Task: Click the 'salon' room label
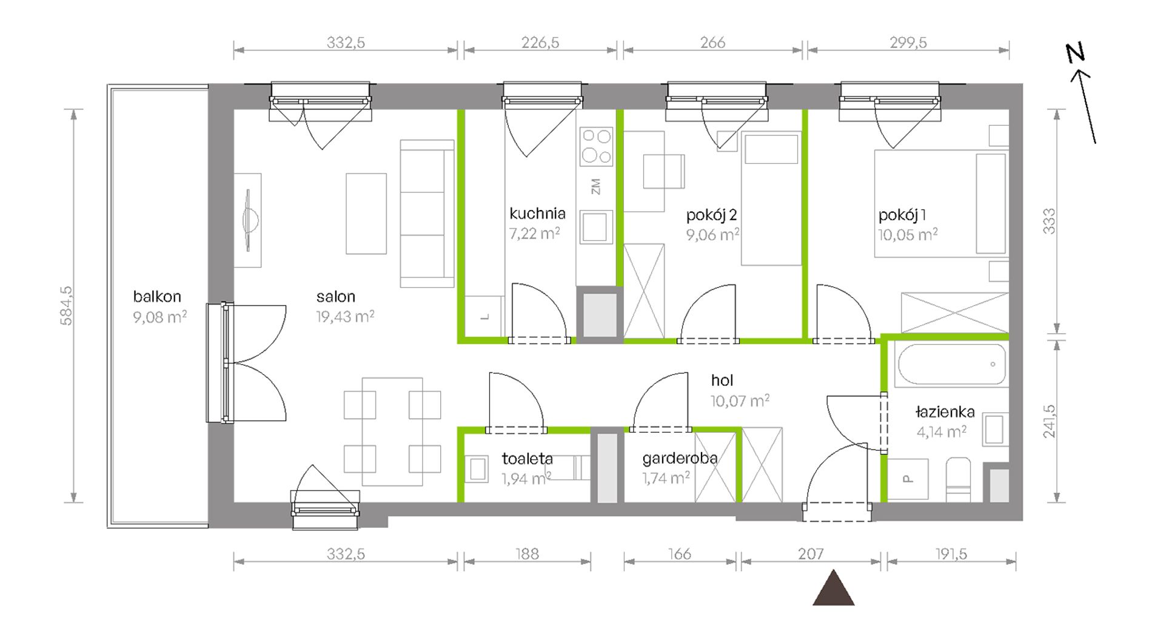(335, 297)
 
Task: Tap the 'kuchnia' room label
(537, 214)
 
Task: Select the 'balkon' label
(157, 297)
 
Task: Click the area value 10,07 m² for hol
(740, 400)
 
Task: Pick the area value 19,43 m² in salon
(345, 316)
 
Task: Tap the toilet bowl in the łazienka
(958, 479)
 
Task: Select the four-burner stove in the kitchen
(596, 146)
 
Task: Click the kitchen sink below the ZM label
(596, 227)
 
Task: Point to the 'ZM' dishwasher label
(595, 186)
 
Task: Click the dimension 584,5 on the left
(66, 306)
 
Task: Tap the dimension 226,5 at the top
(540, 43)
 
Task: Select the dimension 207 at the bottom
(811, 554)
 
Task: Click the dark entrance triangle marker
(834, 587)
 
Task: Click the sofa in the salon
(427, 214)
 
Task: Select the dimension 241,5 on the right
(1050, 421)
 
